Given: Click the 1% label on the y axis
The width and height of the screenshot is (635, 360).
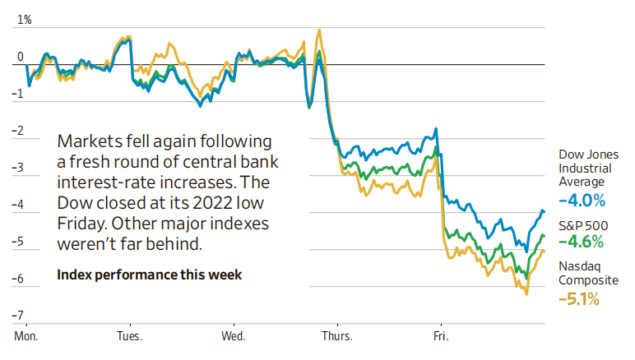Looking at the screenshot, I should pos(23,19).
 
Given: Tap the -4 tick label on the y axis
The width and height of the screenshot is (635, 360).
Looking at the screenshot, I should pos(18,205).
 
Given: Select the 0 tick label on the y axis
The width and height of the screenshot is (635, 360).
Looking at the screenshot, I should pos(21,58).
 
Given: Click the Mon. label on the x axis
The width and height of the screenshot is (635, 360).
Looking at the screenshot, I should pos(27,336).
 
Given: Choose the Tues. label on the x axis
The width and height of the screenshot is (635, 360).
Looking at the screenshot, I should pos(129,336).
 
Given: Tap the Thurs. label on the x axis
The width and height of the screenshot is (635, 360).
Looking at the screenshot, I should pos(336,336).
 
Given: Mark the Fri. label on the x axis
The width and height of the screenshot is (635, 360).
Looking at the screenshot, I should pos(440,336).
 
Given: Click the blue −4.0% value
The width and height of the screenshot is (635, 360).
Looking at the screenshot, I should pos(582,200).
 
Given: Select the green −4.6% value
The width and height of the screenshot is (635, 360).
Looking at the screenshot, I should pos(582,242).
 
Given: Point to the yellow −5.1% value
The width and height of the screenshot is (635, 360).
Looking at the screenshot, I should pos(581,299).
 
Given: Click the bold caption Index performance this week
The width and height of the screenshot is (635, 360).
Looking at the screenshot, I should pos(150,275).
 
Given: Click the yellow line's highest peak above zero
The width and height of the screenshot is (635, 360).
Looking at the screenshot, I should pos(318,30).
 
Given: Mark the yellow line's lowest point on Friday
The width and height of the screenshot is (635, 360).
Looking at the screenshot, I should pos(526,294).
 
